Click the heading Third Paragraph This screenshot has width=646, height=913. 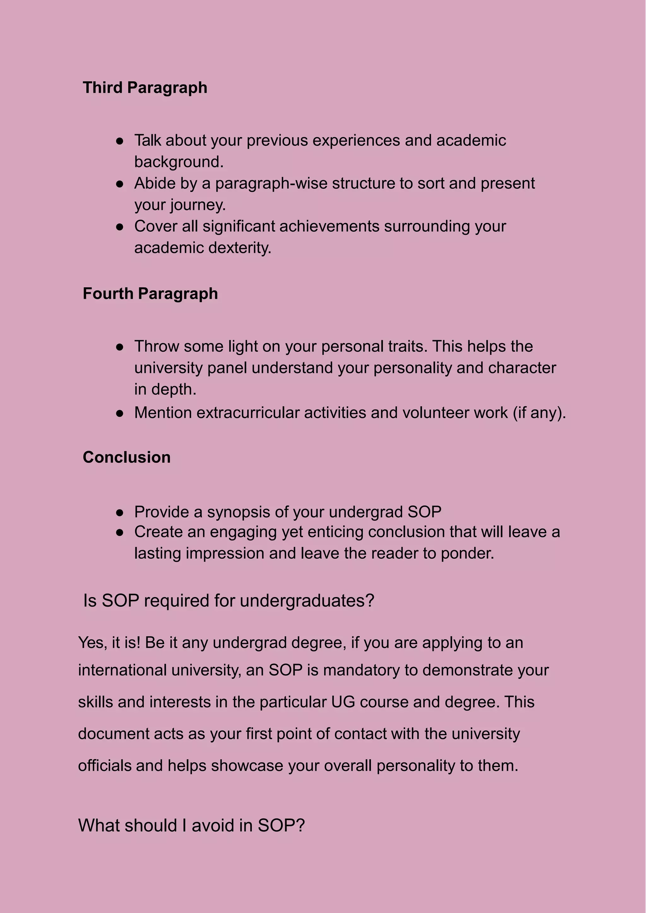145,87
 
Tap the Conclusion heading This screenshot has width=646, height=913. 126,457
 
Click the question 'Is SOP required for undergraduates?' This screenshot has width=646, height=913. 228,601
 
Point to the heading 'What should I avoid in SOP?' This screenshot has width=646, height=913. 191,825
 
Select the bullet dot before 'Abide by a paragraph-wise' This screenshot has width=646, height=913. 119,184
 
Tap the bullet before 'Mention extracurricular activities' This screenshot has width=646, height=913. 119,413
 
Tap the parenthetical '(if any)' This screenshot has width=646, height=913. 539,413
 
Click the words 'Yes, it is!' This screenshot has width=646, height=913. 109,643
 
